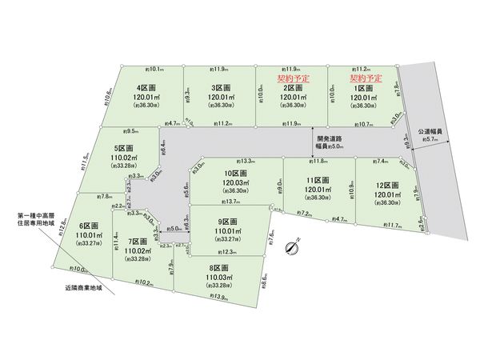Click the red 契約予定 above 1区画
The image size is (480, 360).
(x=363, y=79)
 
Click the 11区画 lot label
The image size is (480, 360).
(x=318, y=180)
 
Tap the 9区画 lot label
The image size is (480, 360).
(x=229, y=221)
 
